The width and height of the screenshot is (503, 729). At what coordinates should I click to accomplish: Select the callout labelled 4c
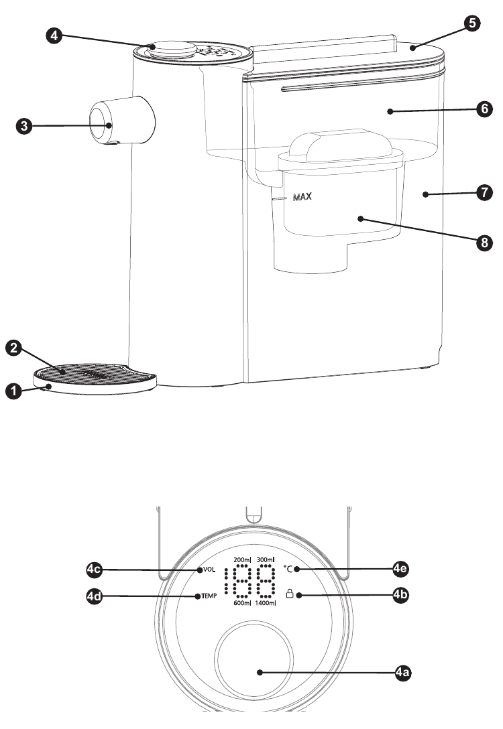click(97, 570)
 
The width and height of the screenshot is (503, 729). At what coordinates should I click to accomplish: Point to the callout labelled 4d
click(97, 596)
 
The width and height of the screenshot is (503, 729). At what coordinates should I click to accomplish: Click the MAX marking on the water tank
click(303, 198)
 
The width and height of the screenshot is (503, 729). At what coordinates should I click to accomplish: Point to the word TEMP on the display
click(208, 596)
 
